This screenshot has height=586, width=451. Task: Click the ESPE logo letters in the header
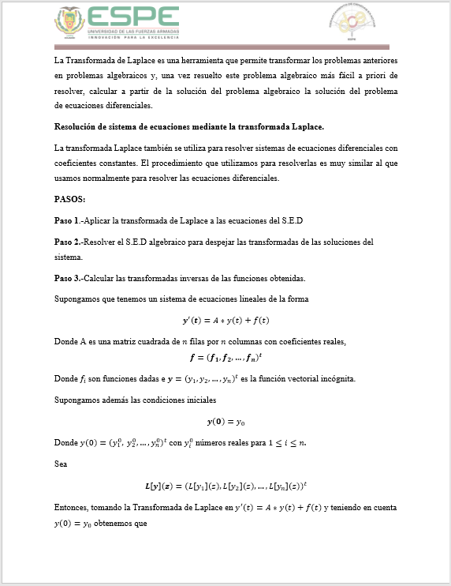point(133,17)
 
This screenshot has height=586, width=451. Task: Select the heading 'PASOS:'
point(70,199)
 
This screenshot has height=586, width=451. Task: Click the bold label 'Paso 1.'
point(67,220)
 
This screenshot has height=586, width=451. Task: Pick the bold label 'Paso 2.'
point(67,241)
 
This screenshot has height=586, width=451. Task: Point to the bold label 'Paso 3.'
point(67,278)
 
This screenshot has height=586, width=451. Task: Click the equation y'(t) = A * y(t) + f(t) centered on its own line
point(225,320)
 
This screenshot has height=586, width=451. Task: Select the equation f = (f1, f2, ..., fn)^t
point(225,357)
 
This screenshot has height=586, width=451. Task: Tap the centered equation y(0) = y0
point(225,422)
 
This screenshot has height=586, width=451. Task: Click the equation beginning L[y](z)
point(225,486)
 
